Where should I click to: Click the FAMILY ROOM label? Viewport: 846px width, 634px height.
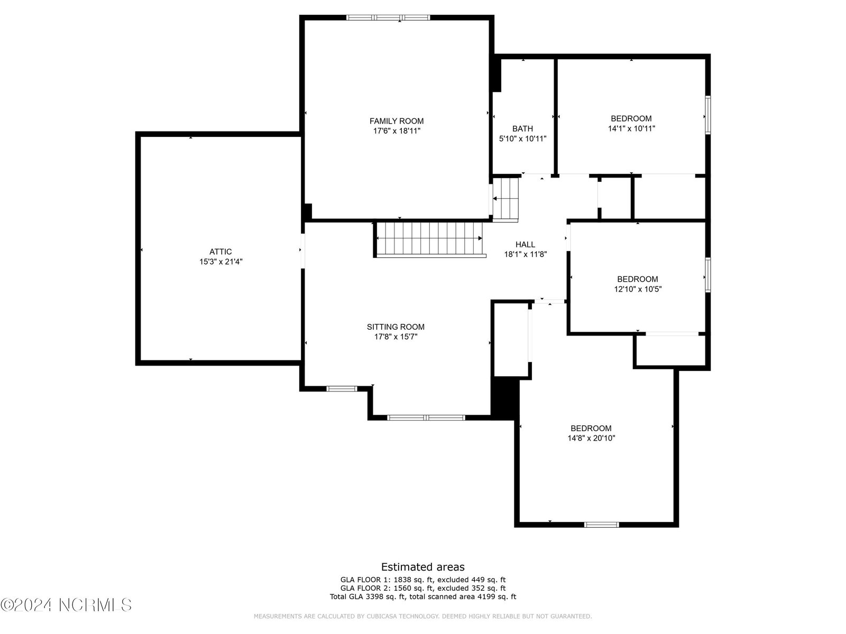click(x=396, y=121)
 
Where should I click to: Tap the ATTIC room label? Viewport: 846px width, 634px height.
click(x=220, y=252)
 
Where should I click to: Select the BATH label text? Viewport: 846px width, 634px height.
click(x=522, y=128)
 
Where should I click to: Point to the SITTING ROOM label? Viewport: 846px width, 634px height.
click(x=396, y=327)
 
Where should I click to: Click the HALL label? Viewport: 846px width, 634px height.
click(x=526, y=245)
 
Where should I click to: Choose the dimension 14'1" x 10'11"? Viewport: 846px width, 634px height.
click(x=631, y=128)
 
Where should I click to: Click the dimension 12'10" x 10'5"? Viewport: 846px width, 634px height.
click(x=638, y=289)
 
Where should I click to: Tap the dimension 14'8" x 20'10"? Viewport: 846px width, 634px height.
click(x=591, y=438)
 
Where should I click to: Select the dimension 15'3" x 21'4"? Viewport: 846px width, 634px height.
click(x=221, y=262)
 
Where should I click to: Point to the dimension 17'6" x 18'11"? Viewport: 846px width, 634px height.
click(x=397, y=131)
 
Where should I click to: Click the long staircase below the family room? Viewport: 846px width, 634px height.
click(x=429, y=239)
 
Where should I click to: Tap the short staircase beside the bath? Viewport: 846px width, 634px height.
click(x=505, y=199)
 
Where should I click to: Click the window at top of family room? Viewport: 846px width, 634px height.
click(x=388, y=17)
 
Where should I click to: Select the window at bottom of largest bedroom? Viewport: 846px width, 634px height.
click(x=602, y=525)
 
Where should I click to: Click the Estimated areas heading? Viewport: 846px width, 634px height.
click(x=423, y=567)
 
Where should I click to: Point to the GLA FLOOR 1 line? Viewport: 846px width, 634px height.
click(x=423, y=580)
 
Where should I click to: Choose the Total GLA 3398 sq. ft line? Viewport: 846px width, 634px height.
click(x=423, y=596)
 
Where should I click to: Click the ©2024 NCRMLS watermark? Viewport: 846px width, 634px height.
click(x=66, y=605)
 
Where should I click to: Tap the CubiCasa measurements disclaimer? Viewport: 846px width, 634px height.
click(x=423, y=616)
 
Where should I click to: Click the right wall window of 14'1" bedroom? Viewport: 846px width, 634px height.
click(x=708, y=115)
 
